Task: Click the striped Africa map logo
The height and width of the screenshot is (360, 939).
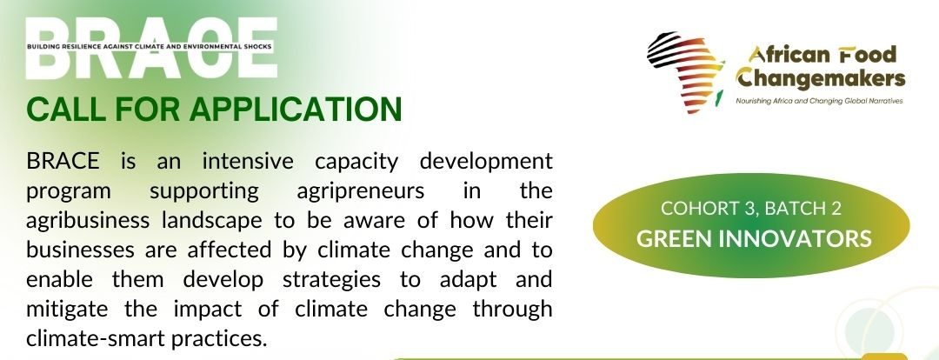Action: [x=684, y=72]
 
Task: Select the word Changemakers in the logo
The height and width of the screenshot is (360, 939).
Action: [x=821, y=78]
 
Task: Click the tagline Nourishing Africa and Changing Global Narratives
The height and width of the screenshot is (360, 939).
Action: [x=819, y=101]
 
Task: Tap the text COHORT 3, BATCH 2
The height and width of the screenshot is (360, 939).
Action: [x=751, y=209]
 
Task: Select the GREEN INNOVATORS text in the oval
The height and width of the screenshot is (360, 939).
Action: [x=753, y=239]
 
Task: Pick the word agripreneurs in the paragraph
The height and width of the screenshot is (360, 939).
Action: [x=361, y=192]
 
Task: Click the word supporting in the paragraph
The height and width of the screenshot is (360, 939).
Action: [x=203, y=192]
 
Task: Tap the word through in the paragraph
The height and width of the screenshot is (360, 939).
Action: [x=512, y=310]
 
